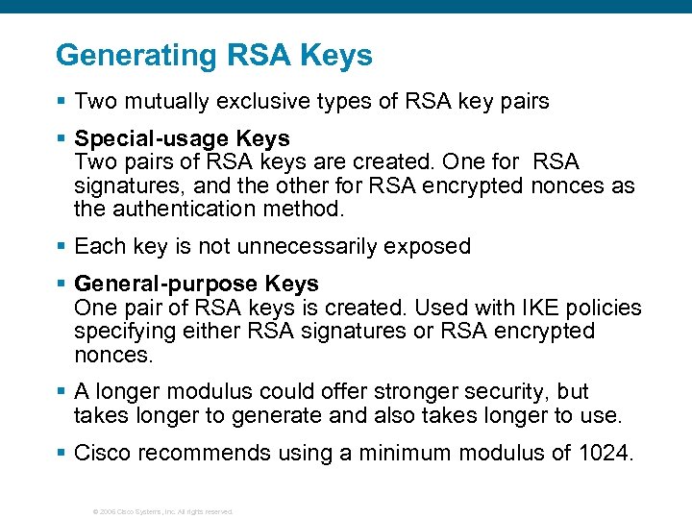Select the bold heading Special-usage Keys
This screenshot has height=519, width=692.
pyautogui.click(x=182, y=138)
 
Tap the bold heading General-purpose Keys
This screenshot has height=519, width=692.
pyautogui.click(x=196, y=284)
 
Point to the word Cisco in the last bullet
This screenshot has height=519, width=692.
pyautogui.click(x=103, y=454)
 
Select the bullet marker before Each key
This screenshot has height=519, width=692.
pyautogui.click(x=62, y=247)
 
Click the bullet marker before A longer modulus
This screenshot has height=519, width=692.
pyautogui.click(x=62, y=393)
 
